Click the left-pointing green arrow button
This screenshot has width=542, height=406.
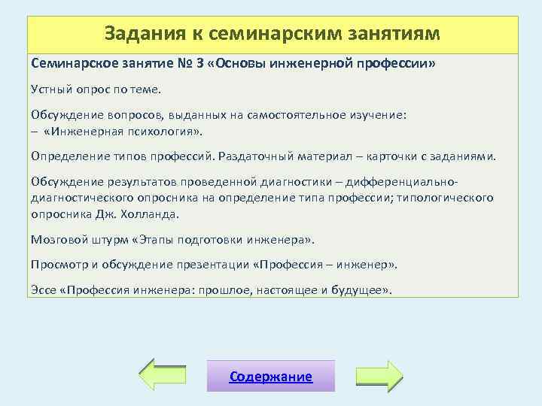[163, 375]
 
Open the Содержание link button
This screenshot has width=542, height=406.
[271, 377]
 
